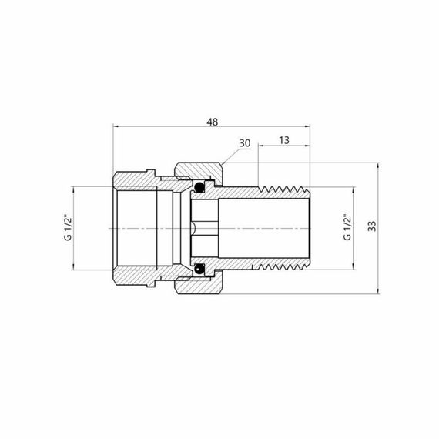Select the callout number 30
[245, 143]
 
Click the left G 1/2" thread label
[67, 227]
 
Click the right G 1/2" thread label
[347, 227]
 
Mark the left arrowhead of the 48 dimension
[116, 125]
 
